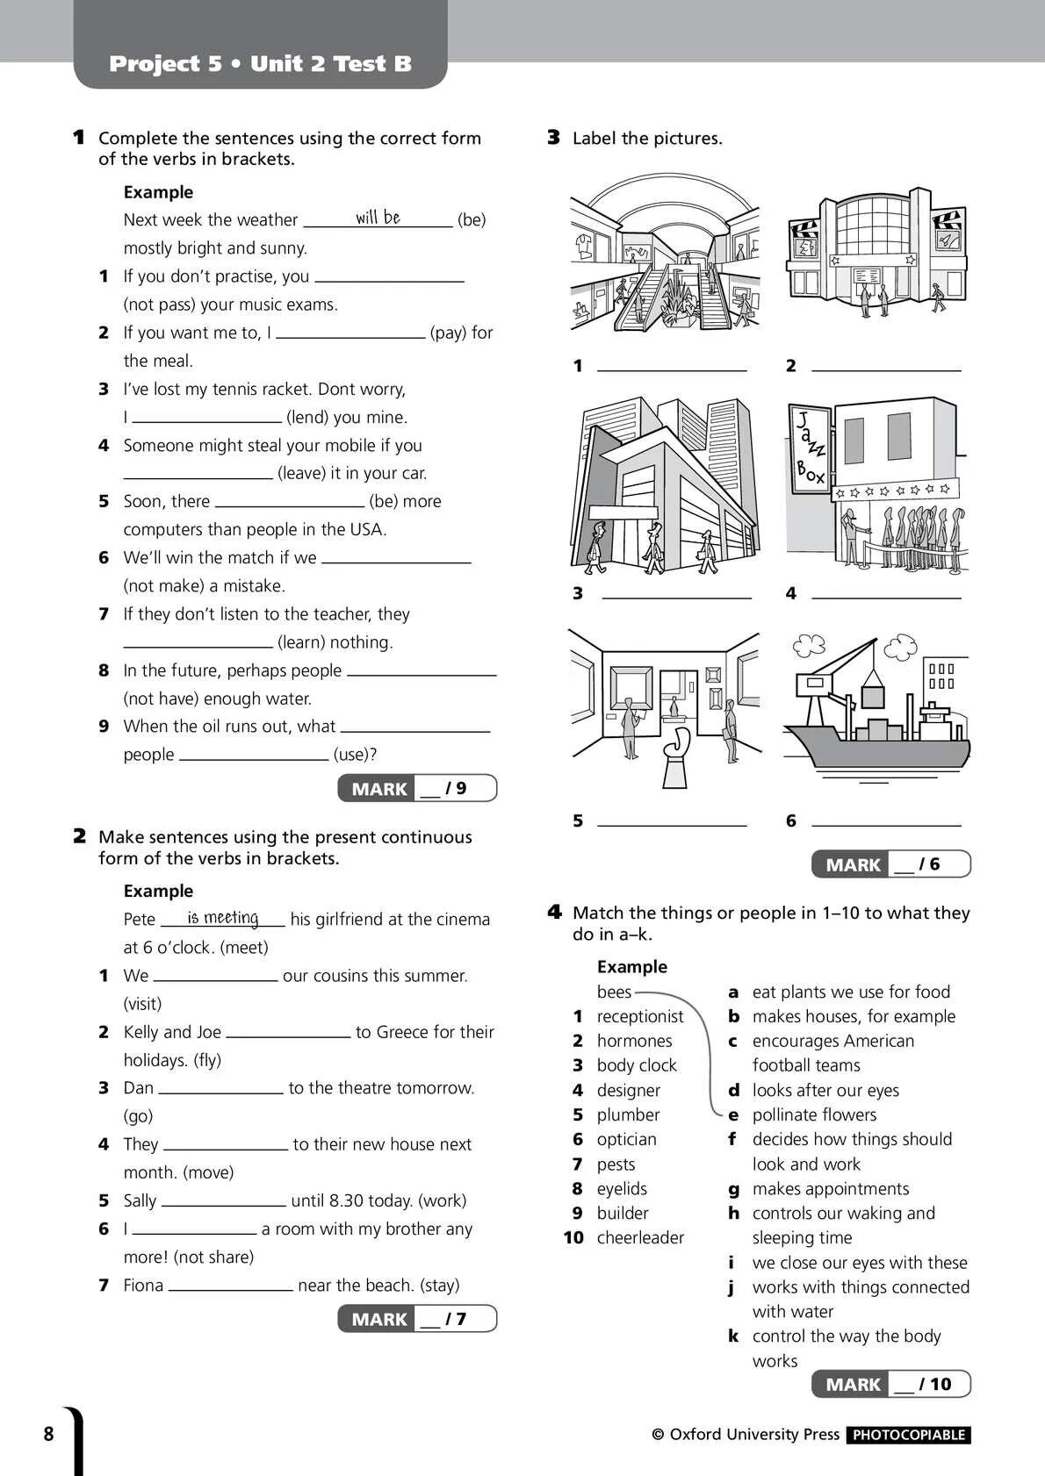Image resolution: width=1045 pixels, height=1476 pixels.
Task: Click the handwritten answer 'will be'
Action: [x=378, y=217]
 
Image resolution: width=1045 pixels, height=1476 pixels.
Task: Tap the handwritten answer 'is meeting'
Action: [x=223, y=917]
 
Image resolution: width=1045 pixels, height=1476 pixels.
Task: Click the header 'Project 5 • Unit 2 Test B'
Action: [x=260, y=63]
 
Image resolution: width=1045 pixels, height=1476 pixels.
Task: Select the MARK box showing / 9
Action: [x=417, y=788]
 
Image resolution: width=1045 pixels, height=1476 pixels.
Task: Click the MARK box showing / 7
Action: [x=417, y=1318]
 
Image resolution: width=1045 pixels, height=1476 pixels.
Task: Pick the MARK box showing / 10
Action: [x=890, y=1384]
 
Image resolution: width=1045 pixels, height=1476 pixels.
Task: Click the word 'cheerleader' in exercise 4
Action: [x=640, y=1237]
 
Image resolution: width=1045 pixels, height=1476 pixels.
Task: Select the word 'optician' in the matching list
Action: [x=626, y=1139]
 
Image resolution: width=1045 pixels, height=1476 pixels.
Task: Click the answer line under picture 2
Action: [x=885, y=369]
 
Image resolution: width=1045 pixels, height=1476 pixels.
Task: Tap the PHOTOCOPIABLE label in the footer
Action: [x=909, y=1435]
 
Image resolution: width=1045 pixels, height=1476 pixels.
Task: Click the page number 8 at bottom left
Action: [x=48, y=1434]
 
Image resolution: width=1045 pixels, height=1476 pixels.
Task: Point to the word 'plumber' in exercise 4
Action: [x=628, y=1114]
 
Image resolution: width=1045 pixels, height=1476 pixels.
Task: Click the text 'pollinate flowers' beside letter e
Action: [x=814, y=1114]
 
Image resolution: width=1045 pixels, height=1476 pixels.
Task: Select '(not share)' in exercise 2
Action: [x=213, y=1257]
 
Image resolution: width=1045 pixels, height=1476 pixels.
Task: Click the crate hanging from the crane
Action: [x=872, y=691]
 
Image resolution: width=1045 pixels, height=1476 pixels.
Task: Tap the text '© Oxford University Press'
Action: [x=746, y=1434]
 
